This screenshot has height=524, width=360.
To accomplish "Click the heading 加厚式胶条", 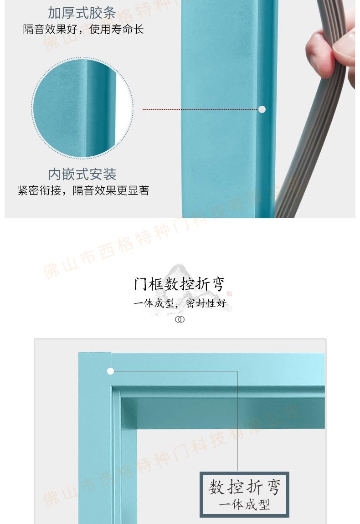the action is [x=82, y=13].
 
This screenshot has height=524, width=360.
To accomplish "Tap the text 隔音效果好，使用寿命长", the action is [x=83, y=30].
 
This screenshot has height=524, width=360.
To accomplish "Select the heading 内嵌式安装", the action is [x=82, y=174].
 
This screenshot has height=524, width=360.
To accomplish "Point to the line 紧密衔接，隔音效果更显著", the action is [x=83, y=190].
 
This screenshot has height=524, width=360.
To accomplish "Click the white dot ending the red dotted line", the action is [x=262, y=109].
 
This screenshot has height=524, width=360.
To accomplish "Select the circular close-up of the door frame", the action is [x=82, y=108].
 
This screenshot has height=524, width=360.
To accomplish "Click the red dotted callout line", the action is [x=201, y=109].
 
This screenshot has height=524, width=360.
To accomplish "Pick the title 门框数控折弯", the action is [x=179, y=284].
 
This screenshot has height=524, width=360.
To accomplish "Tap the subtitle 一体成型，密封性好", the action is [x=180, y=303].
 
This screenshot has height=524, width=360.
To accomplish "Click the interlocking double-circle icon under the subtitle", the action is [x=180, y=319].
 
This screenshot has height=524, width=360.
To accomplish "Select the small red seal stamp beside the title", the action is [x=229, y=293].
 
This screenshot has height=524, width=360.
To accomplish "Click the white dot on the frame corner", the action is [x=111, y=371].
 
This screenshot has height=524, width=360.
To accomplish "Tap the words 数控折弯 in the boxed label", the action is [x=244, y=487].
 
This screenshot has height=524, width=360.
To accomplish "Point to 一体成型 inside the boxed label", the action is [x=244, y=504].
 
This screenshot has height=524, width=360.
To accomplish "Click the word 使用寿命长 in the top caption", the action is [x=116, y=30].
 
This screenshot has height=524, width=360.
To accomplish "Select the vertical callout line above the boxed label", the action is [x=237, y=421].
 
